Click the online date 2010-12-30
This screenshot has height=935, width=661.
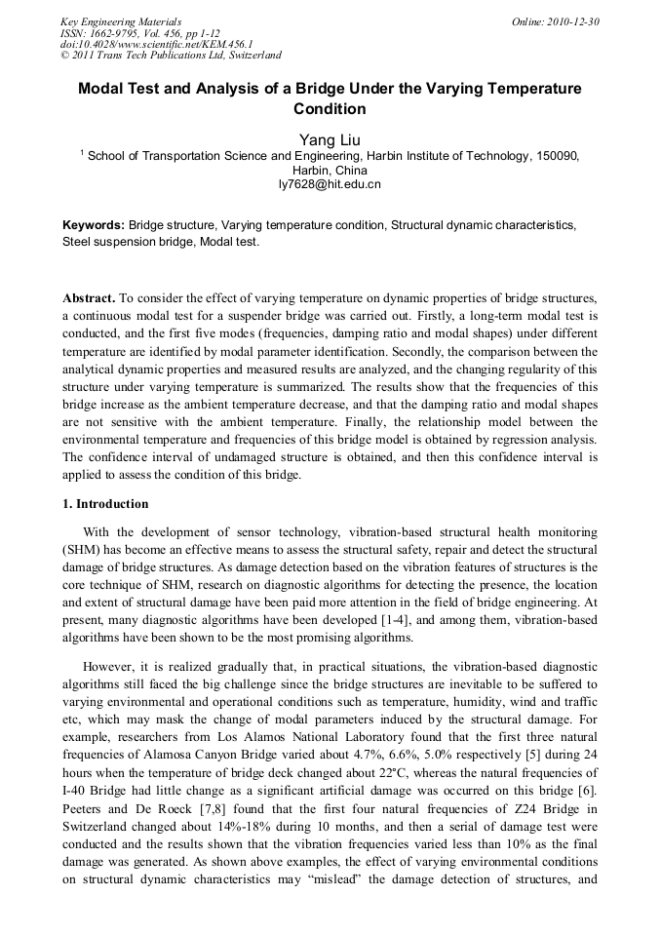coord(569,21)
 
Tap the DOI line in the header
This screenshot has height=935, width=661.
coord(156,44)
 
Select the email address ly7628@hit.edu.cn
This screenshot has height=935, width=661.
coord(330,183)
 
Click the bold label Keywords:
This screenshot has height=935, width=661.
coord(94,225)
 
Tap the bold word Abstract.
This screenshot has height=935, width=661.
coord(89,295)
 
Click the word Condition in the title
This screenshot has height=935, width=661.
coord(330,109)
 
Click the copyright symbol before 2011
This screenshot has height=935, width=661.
coord(65,56)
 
